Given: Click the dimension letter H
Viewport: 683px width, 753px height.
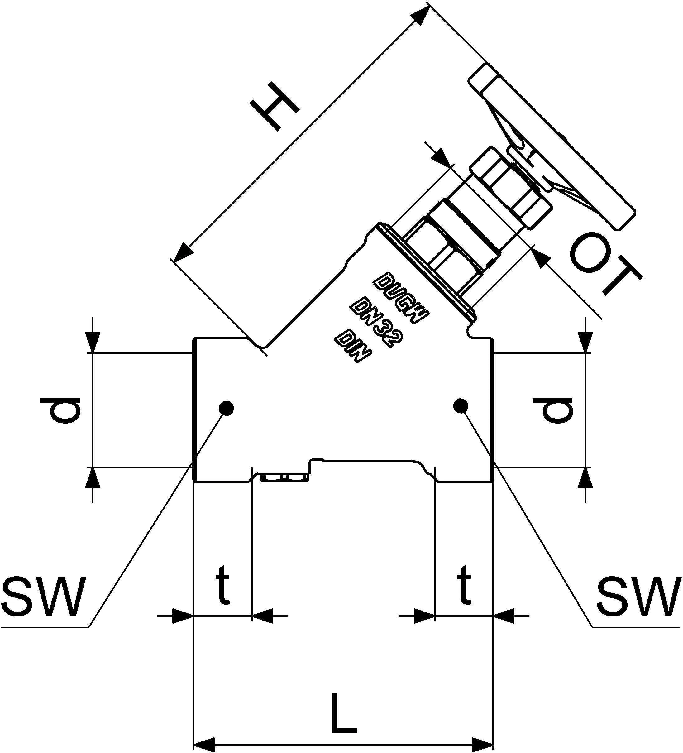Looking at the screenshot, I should tap(275, 107).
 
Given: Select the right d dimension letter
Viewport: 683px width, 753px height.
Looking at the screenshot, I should tap(553, 411).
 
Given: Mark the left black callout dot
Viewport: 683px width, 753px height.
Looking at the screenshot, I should tap(226, 408).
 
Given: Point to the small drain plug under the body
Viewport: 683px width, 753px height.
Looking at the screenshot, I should tap(284, 478).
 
